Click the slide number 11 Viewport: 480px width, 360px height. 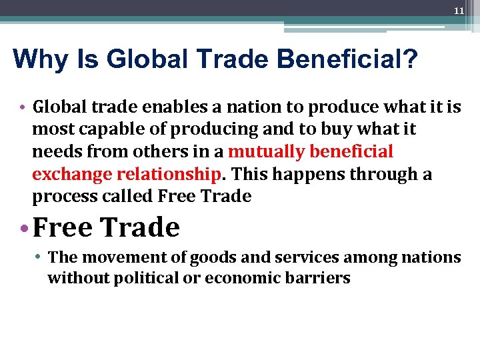(x=459, y=11)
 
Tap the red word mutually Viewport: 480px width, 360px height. (x=264, y=152)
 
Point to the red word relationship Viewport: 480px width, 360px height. (x=168, y=175)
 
